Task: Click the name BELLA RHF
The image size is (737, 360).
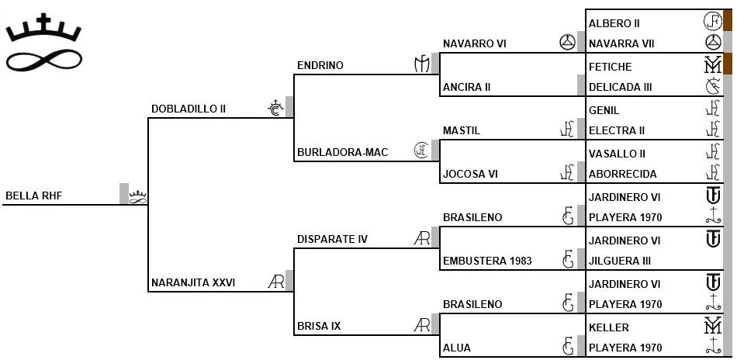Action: (x=33, y=196)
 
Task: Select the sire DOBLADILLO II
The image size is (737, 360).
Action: (x=188, y=109)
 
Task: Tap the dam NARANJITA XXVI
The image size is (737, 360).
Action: (x=193, y=282)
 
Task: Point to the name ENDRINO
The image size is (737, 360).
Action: (x=320, y=66)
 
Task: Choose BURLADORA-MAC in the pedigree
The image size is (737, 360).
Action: (x=342, y=152)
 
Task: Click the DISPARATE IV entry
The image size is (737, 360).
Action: (x=332, y=239)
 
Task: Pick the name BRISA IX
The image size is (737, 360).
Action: (x=319, y=326)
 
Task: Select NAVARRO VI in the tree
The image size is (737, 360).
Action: (x=474, y=44)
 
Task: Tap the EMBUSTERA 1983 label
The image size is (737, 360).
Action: (x=487, y=261)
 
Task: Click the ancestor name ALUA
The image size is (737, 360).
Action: (x=457, y=348)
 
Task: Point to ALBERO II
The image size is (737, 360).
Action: (x=614, y=23)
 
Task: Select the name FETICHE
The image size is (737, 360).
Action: (x=611, y=67)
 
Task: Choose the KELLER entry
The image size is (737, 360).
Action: (x=609, y=327)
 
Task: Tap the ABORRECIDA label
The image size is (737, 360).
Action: (x=623, y=174)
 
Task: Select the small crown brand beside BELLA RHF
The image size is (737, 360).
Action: (x=138, y=196)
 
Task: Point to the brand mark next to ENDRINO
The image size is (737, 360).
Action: (x=421, y=65)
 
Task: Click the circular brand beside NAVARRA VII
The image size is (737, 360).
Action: (x=712, y=43)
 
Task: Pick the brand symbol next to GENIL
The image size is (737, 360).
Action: (x=712, y=110)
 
